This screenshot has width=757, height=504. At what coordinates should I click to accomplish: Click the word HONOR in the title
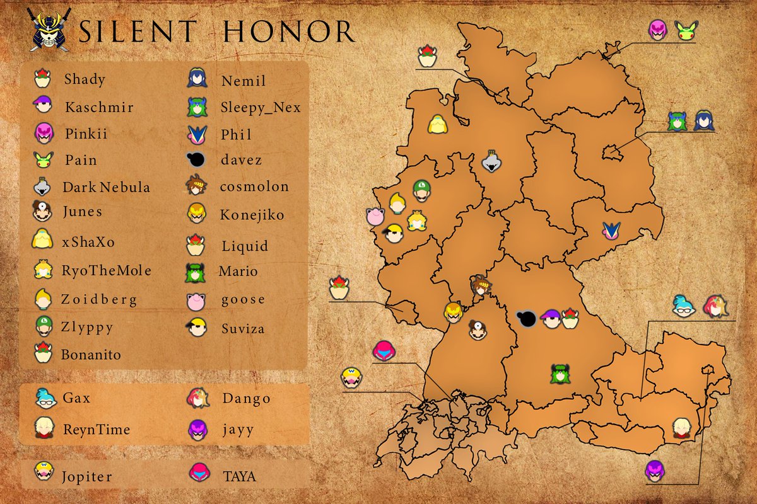(x=290, y=31)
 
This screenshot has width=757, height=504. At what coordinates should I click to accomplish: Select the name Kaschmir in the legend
(x=99, y=107)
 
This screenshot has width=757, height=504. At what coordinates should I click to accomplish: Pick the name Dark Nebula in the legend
(x=107, y=187)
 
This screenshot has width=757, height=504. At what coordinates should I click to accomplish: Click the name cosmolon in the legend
(x=254, y=186)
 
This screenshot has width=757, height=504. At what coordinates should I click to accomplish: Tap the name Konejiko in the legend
(x=252, y=215)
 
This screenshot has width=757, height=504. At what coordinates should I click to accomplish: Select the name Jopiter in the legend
(x=87, y=476)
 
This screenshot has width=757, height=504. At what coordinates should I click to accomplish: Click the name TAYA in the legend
(x=240, y=476)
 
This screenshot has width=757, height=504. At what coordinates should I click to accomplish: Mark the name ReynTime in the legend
(x=97, y=430)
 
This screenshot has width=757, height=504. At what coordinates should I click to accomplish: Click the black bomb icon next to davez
(x=197, y=160)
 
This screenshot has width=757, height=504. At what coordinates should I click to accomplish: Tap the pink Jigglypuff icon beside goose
(x=197, y=301)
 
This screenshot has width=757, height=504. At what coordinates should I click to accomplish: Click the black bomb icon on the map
(x=526, y=319)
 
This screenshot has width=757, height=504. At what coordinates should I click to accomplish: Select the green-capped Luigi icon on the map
(x=420, y=188)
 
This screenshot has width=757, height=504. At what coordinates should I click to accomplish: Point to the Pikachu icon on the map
(x=685, y=31)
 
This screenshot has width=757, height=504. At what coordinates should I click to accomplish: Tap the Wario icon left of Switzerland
(x=351, y=377)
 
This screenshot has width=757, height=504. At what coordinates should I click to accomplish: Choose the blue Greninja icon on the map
(x=611, y=231)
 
